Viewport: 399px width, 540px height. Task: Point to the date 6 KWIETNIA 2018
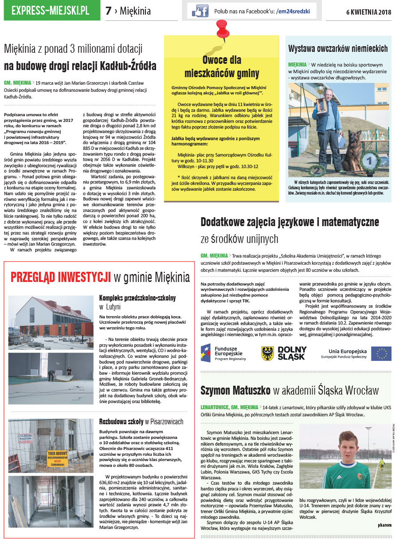368,12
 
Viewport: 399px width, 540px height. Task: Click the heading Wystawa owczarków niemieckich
338,48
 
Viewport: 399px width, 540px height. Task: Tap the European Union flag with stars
381,353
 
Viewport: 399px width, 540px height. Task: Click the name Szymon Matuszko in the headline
235,391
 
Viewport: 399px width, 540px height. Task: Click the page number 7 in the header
109,11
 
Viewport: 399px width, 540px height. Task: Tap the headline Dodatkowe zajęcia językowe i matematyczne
289,222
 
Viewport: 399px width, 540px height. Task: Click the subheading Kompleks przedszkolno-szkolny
137,298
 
